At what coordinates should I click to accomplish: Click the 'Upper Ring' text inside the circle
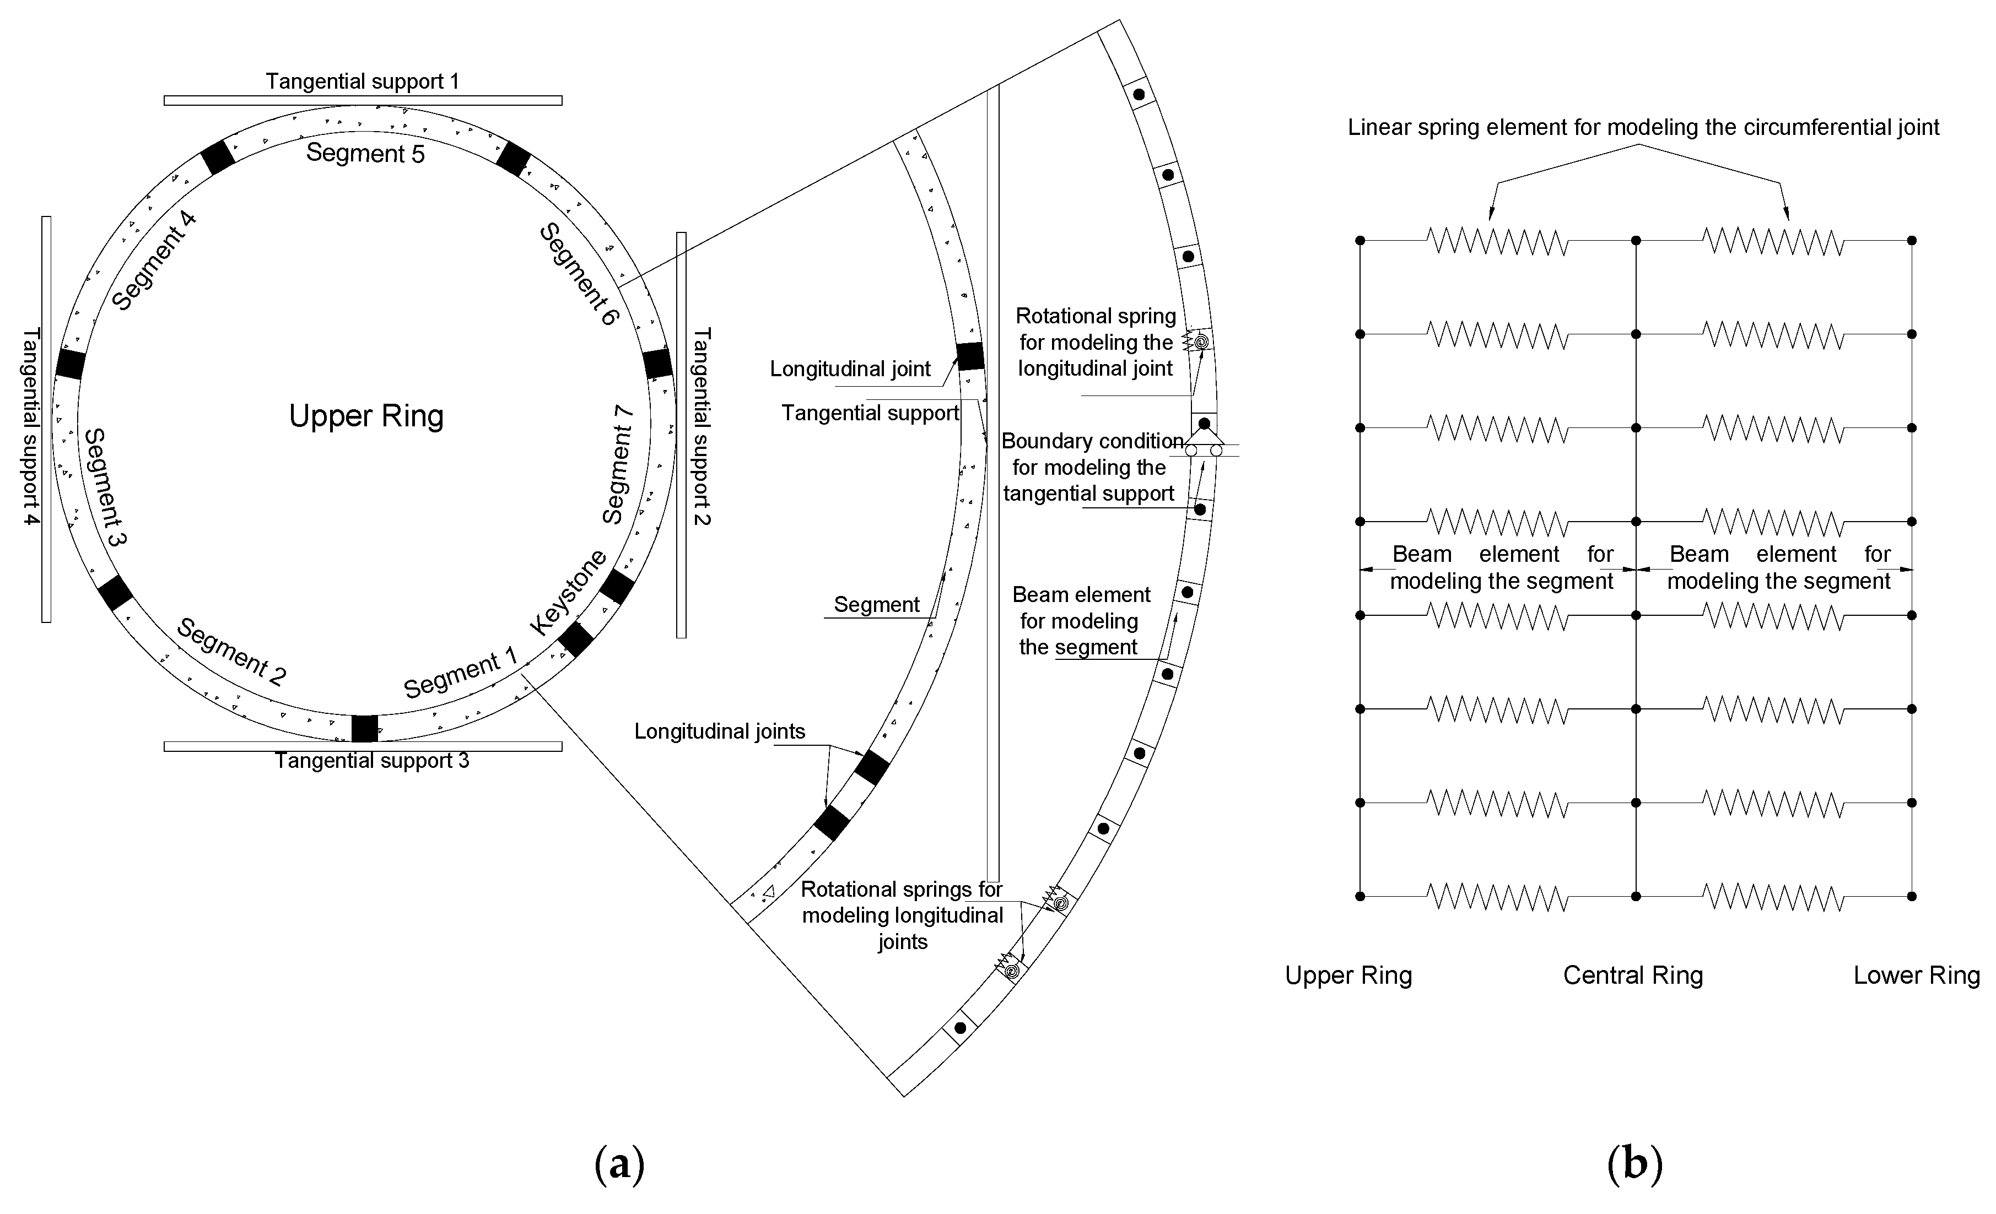366,416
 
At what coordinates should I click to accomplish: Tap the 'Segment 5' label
365,153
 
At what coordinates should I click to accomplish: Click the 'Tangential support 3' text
372,761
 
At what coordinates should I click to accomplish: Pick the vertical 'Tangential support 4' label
31,427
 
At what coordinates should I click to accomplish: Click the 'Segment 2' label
231,652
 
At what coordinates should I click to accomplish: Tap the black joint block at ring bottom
364,728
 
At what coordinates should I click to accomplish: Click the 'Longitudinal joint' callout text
850,369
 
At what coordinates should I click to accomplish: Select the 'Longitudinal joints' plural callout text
719,731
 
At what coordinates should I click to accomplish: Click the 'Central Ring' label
1632,975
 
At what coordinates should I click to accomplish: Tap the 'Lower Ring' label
1916,975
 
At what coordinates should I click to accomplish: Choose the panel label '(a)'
620,1164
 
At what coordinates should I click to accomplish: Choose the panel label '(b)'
1634,1164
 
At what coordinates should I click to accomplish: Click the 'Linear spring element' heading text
1643,127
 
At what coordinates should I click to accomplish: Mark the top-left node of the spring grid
1360,241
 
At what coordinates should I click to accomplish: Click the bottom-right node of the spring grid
1912,896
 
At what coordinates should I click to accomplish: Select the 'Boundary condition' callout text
1092,441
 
